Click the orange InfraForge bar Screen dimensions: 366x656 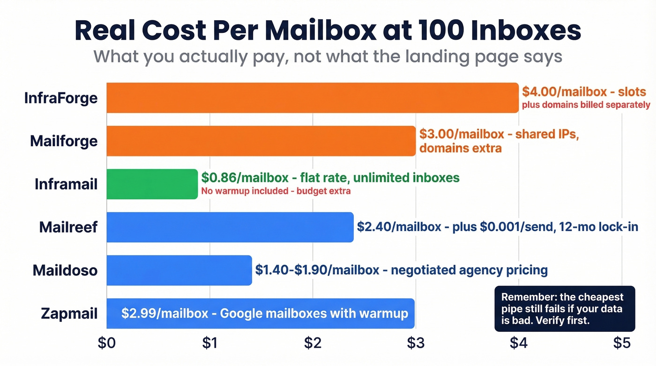[x=313, y=98]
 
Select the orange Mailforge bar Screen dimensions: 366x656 [x=261, y=141]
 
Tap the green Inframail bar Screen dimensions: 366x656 [x=152, y=184]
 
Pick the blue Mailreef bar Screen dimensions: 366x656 [x=230, y=227]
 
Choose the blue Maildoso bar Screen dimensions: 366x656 [x=179, y=270]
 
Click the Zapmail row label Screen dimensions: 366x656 [x=69, y=313]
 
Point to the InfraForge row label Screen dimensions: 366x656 [x=61, y=98]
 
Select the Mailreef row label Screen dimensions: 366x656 [x=68, y=227]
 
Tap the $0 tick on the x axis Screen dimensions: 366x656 [x=107, y=343]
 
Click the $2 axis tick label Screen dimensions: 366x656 [x=313, y=343]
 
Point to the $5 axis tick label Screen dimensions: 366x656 [x=622, y=343]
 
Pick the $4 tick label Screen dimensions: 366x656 [x=519, y=343]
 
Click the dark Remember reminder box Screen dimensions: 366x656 [x=565, y=309]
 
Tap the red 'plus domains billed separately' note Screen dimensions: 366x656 [x=586, y=105]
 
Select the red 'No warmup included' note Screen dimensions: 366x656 [x=276, y=191]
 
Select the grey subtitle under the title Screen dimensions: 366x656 [x=328, y=56]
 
